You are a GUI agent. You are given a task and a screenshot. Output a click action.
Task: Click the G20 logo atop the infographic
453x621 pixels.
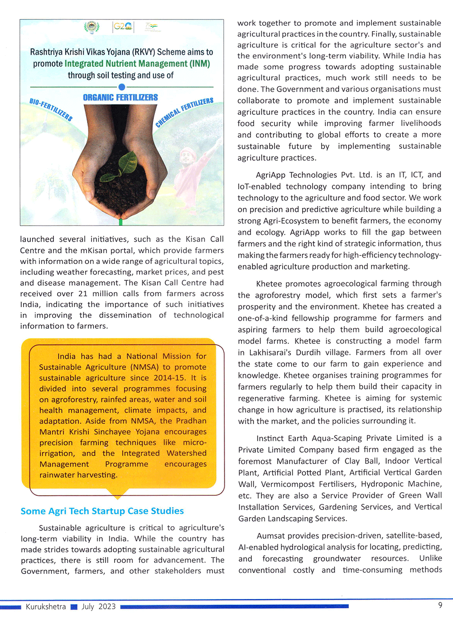click(123, 27)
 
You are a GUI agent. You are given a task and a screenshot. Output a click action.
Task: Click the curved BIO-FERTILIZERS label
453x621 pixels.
click(51, 109)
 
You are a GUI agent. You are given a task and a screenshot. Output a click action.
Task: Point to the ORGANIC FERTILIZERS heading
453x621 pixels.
click(120, 98)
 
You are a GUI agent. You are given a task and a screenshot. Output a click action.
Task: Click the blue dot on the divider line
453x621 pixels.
click(121, 87)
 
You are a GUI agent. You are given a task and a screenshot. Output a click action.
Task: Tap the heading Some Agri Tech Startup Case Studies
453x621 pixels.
click(102, 511)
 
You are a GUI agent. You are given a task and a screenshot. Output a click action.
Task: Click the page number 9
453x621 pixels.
click(440, 605)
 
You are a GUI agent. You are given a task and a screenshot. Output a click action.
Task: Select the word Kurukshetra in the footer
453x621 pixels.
click(46, 606)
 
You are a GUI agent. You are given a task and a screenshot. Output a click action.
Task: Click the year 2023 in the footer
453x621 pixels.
click(107, 606)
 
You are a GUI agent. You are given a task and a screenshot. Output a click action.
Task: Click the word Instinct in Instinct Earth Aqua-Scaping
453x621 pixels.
click(271, 438)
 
